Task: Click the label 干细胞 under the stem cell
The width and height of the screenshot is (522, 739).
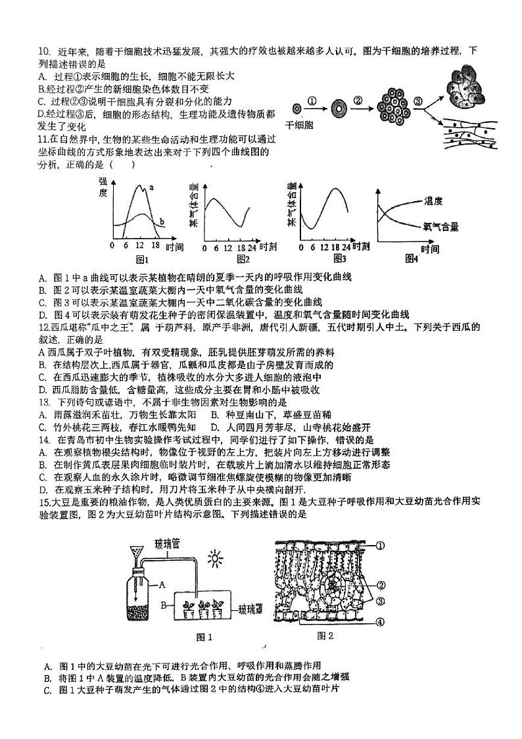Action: pyautogui.click(x=298, y=123)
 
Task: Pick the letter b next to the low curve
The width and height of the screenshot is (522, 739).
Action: pyautogui.click(x=162, y=222)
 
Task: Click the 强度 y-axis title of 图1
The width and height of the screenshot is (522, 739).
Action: pyautogui.click(x=103, y=187)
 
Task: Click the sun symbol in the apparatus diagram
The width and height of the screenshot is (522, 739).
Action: pyautogui.click(x=214, y=560)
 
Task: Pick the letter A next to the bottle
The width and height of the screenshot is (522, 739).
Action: pyautogui.click(x=162, y=583)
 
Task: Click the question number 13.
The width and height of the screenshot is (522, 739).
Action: pyautogui.click(x=44, y=402)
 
